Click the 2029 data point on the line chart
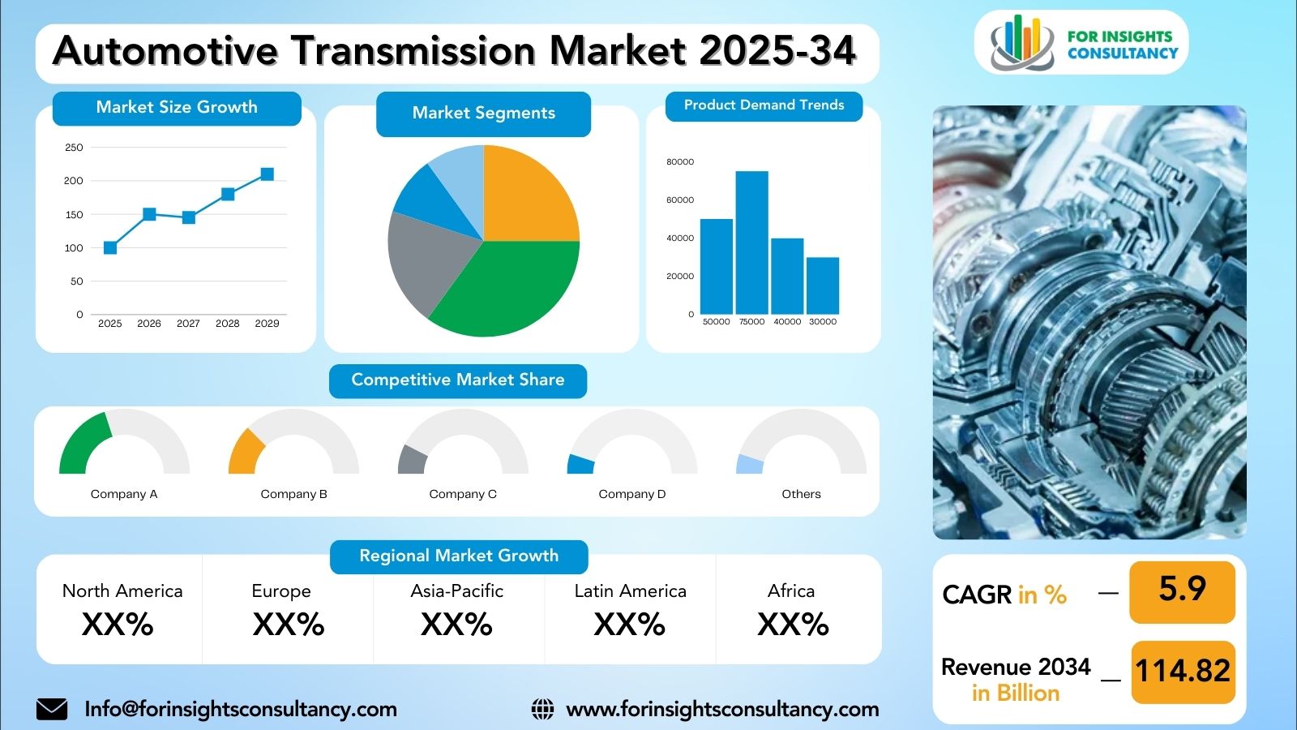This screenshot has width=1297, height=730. pyautogui.click(x=267, y=174)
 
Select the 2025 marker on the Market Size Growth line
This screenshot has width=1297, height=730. pyautogui.click(x=110, y=248)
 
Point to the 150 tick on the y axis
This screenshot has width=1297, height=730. pyautogui.click(x=74, y=214)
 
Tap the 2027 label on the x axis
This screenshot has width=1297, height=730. pyautogui.click(x=188, y=324)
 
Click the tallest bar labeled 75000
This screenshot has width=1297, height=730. pyautogui.click(x=752, y=243)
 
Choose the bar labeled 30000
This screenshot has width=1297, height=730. pyautogui.click(x=823, y=286)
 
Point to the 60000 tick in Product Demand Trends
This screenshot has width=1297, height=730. pyautogui.click(x=680, y=200)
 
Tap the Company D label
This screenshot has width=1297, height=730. pyautogui.click(x=632, y=494)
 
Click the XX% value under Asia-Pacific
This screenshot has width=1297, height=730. pyautogui.click(x=456, y=625)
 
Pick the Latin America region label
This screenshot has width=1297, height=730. pyautogui.click(x=631, y=591)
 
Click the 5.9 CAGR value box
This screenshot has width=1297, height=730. pyautogui.click(x=1183, y=592)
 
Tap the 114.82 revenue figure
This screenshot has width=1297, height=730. pyautogui.click(x=1183, y=671)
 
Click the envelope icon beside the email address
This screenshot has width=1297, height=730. pyautogui.click(x=52, y=709)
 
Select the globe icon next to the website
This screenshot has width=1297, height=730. pyautogui.click(x=542, y=709)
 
